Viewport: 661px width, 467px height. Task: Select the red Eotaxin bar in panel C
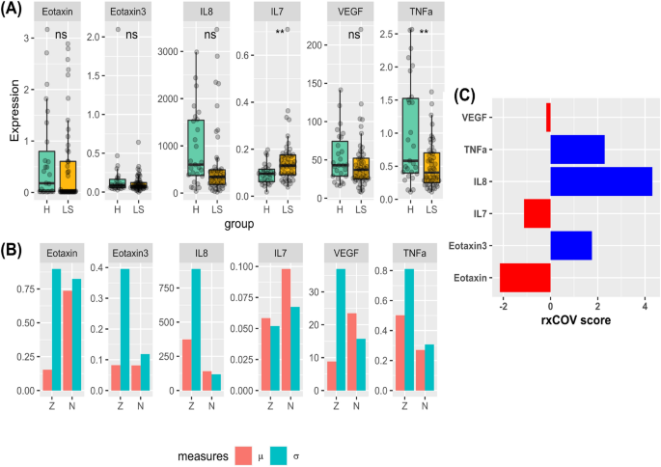tap(525, 277)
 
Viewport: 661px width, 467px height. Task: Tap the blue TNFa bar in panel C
tap(577, 150)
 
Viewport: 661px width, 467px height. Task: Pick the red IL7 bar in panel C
tap(537, 213)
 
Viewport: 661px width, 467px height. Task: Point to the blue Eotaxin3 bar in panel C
tap(571, 245)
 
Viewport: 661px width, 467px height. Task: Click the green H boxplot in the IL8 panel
tap(196, 148)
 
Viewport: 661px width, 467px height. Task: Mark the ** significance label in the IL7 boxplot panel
tap(280, 33)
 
